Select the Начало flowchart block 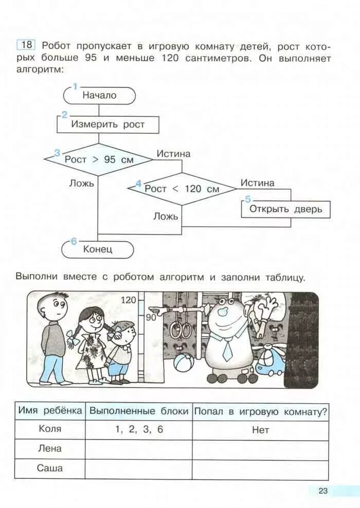(x=99, y=95)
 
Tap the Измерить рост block (x=107, y=124)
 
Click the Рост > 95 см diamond (x=99, y=159)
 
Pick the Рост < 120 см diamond (x=182, y=189)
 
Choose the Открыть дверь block (x=285, y=209)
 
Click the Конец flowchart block (x=98, y=250)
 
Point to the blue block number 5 (x=248, y=199)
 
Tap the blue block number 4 (x=138, y=184)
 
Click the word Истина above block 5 (x=257, y=183)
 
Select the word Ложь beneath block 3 (x=81, y=183)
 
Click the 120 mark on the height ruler (x=128, y=300)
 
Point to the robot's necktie (x=227, y=349)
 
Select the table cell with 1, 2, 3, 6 (x=138, y=429)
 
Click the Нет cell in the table (x=260, y=430)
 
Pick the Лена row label (x=50, y=449)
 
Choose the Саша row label (x=50, y=468)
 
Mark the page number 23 (x=322, y=491)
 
